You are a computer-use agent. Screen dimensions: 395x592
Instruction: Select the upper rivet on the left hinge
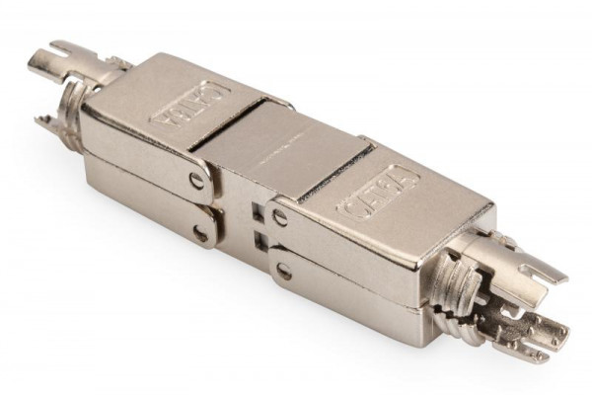point(197,181)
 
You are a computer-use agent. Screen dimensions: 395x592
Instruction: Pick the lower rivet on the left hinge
point(201,234)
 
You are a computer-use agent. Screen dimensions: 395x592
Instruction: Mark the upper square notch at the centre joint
point(259,210)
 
